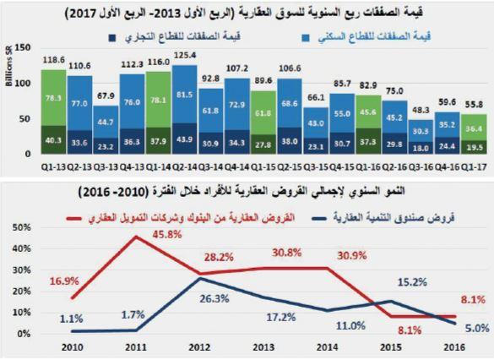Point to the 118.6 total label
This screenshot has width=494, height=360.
point(52,61)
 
